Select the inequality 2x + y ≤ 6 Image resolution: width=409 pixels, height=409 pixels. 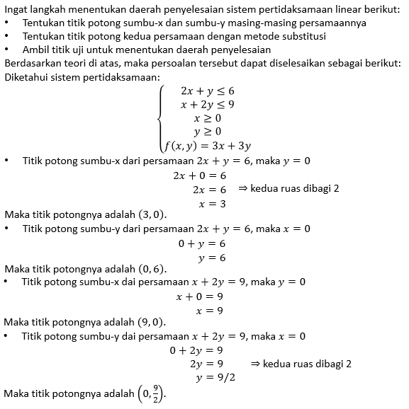(208, 91)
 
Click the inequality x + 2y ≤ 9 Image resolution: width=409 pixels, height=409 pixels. (208, 105)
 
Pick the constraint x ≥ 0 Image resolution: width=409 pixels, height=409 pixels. (207, 118)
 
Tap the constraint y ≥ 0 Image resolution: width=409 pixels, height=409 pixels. (207, 132)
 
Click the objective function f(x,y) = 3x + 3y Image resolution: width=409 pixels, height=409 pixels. (208, 146)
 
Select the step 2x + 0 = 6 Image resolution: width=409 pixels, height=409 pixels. (199, 175)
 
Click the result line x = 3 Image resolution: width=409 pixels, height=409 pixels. (212, 203)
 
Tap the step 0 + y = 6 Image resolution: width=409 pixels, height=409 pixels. (201, 243)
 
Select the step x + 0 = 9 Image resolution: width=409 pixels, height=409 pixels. (199, 296)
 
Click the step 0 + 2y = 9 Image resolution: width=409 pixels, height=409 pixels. (196, 350)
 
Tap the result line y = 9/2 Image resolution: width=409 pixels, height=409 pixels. (215, 377)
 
